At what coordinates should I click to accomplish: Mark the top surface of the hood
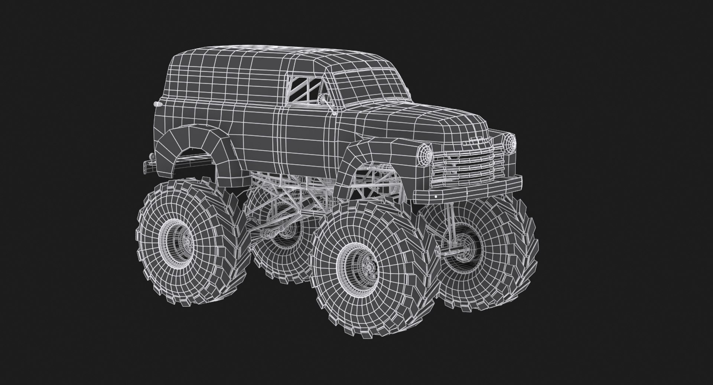point(427,119)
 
